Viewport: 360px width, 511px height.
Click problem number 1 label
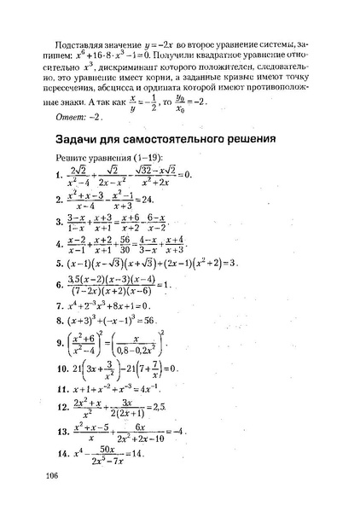(x=57, y=176)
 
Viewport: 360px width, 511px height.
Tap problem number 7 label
(x=57, y=304)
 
